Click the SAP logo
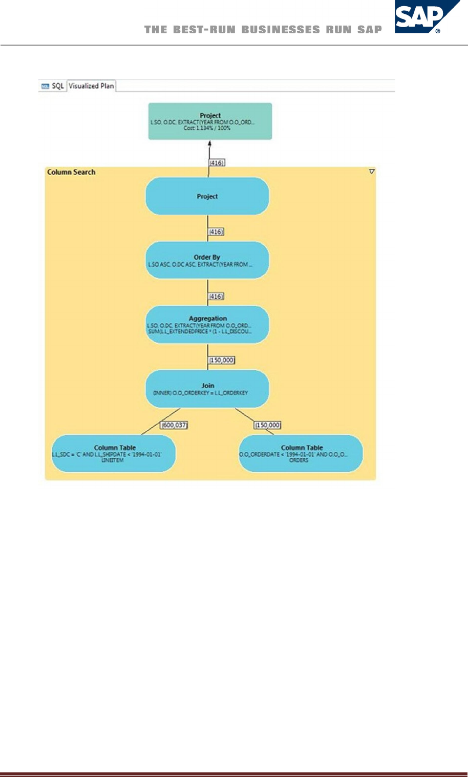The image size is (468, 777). [427, 17]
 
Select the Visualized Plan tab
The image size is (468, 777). [91, 86]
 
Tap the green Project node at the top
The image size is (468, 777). [210, 121]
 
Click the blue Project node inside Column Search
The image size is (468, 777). [207, 196]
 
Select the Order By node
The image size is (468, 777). [207, 260]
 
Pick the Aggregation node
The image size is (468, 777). [207, 325]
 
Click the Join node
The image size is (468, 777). [207, 389]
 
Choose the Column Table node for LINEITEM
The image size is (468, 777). [114, 453]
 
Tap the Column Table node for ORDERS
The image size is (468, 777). [301, 453]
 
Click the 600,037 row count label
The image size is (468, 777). [174, 425]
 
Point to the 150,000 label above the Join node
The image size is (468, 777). [222, 361]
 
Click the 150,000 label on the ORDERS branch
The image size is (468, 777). [267, 425]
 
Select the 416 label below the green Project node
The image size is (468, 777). [217, 163]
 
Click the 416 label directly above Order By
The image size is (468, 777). [216, 232]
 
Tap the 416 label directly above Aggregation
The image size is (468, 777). [216, 297]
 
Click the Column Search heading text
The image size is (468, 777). [71, 172]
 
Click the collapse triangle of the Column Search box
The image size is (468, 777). [372, 172]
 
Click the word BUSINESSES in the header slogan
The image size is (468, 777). [281, 30]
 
